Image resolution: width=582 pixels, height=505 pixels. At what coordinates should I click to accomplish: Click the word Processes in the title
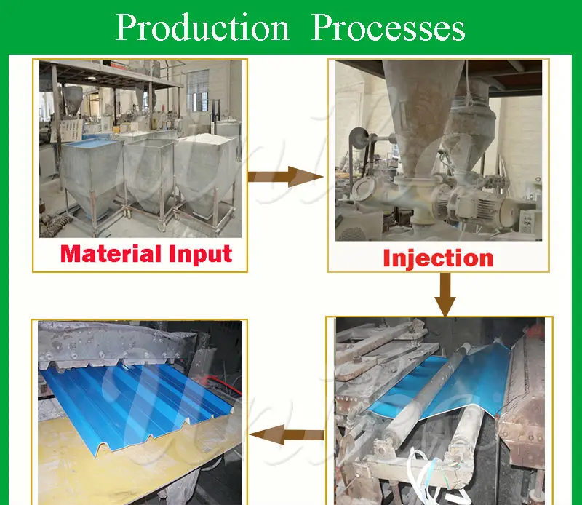(388, 28)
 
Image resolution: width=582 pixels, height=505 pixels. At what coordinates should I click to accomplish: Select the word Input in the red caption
(201, 255)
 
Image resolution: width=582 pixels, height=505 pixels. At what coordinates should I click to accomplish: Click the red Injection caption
(438, 259)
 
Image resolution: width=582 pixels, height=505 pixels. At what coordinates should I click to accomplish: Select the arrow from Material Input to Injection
(285, 177)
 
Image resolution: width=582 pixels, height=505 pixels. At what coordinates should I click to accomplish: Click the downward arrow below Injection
(445, 295)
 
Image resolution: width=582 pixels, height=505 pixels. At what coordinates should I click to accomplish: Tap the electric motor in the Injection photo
(482, 205)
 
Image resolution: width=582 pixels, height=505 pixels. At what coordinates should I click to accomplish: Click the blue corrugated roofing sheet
(137, 401)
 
